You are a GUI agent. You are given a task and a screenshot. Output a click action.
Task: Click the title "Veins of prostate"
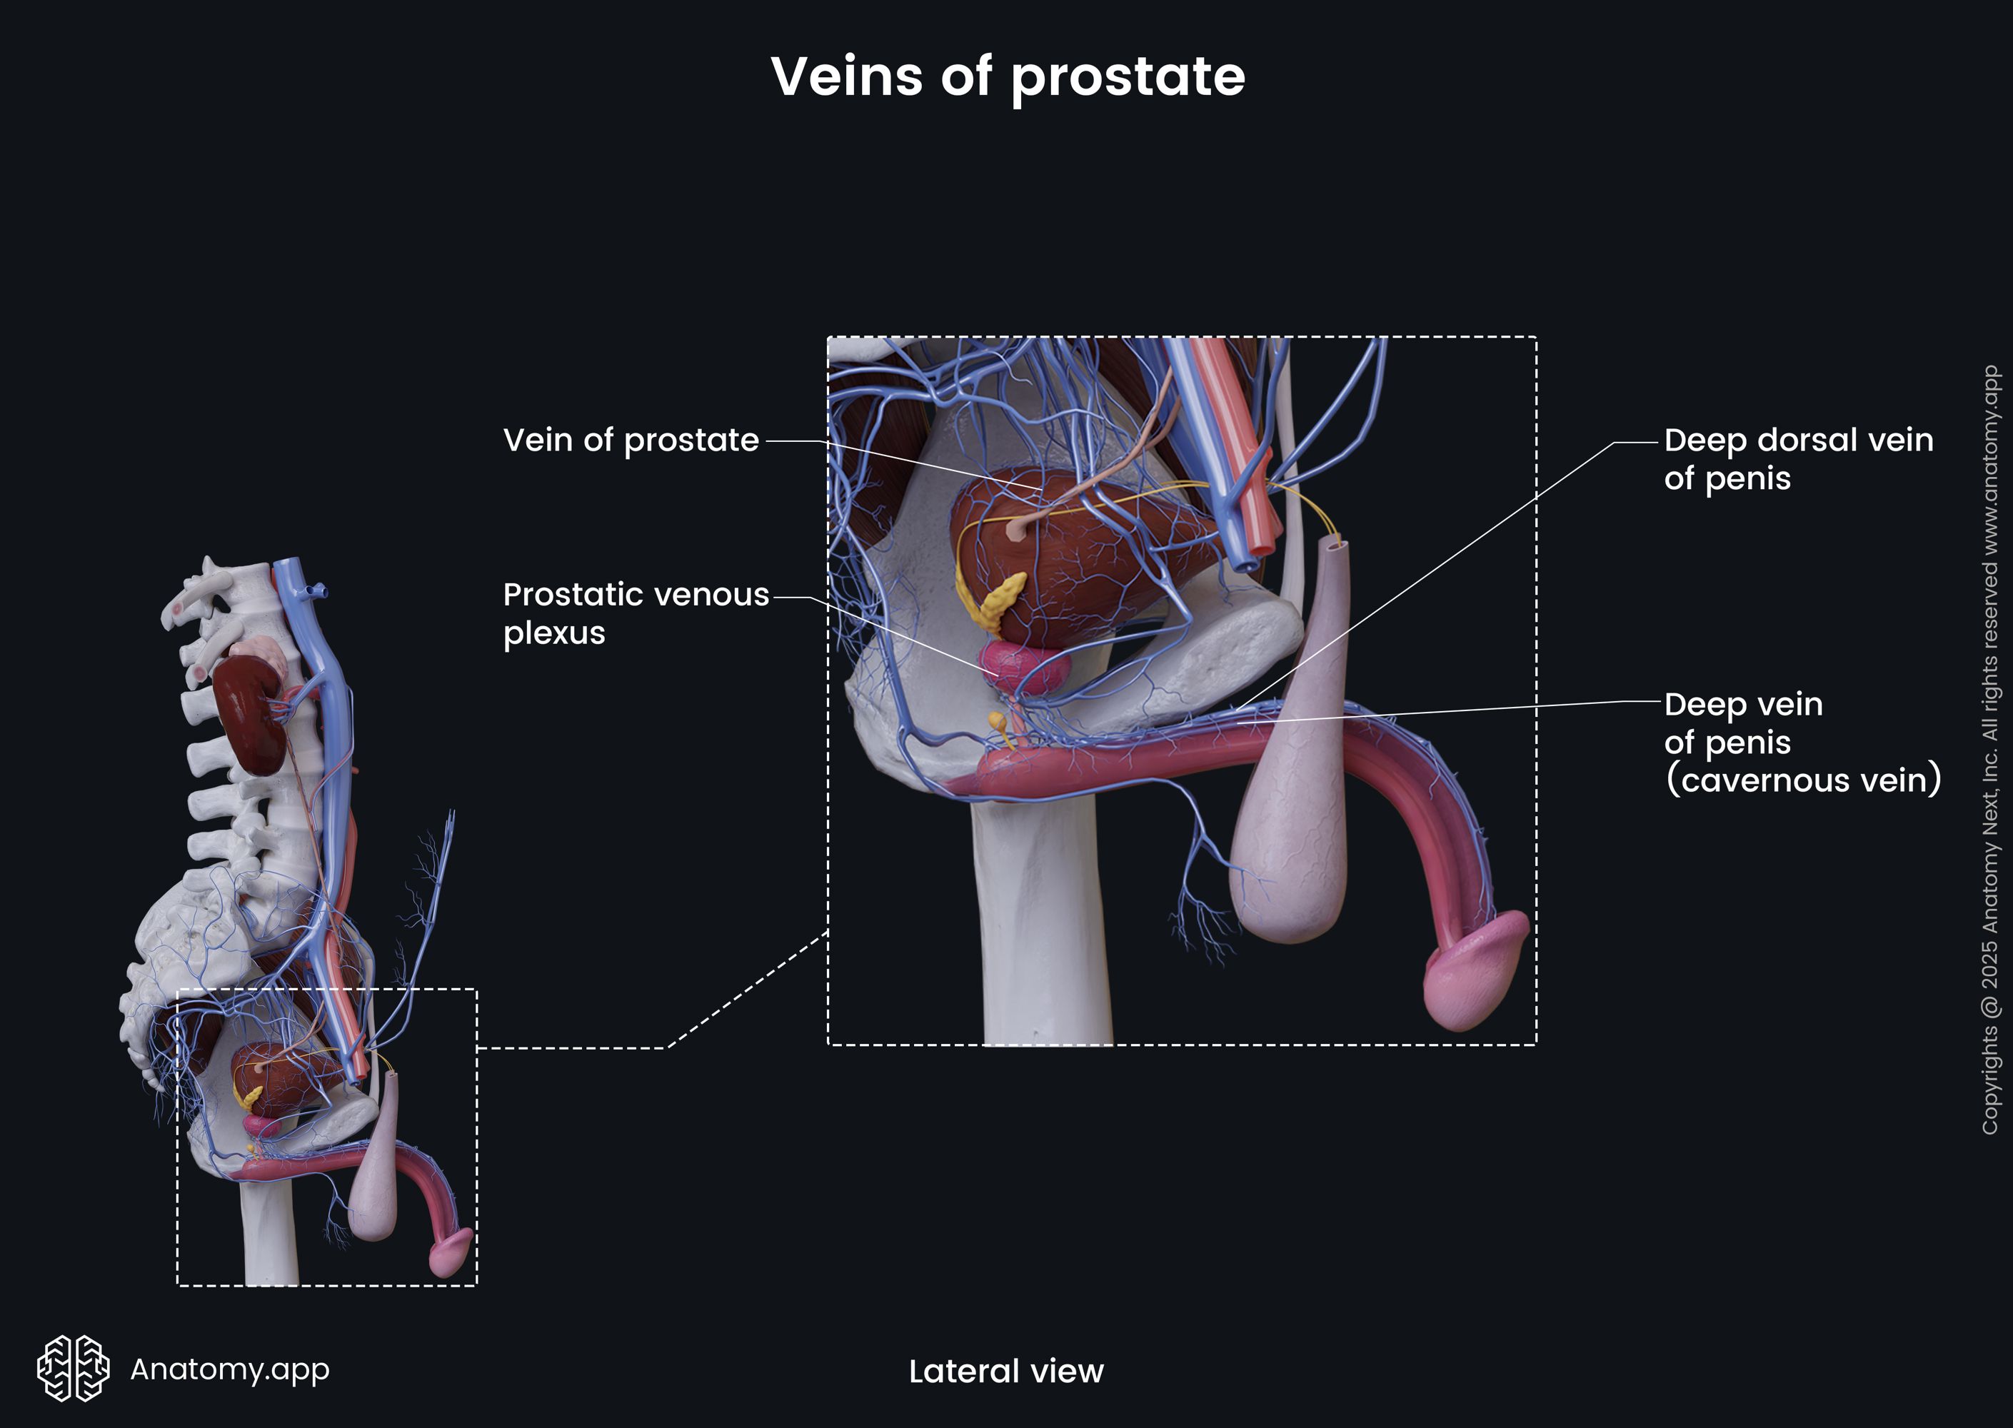click(1007, 76)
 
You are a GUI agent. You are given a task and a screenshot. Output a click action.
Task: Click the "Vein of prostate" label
click(631, 440)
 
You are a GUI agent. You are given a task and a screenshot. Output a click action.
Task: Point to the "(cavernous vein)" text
click(1803, 780)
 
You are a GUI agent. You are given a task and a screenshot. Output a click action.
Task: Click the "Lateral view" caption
click(1006, 1371)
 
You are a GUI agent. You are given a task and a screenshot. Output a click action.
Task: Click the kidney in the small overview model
click(249, 713)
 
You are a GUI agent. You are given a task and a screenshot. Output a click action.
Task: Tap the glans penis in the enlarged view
click(1477, 972)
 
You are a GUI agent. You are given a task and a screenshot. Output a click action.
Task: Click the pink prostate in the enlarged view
click(1025, 665)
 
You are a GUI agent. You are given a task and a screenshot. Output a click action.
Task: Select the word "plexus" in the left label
click(554, 633)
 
